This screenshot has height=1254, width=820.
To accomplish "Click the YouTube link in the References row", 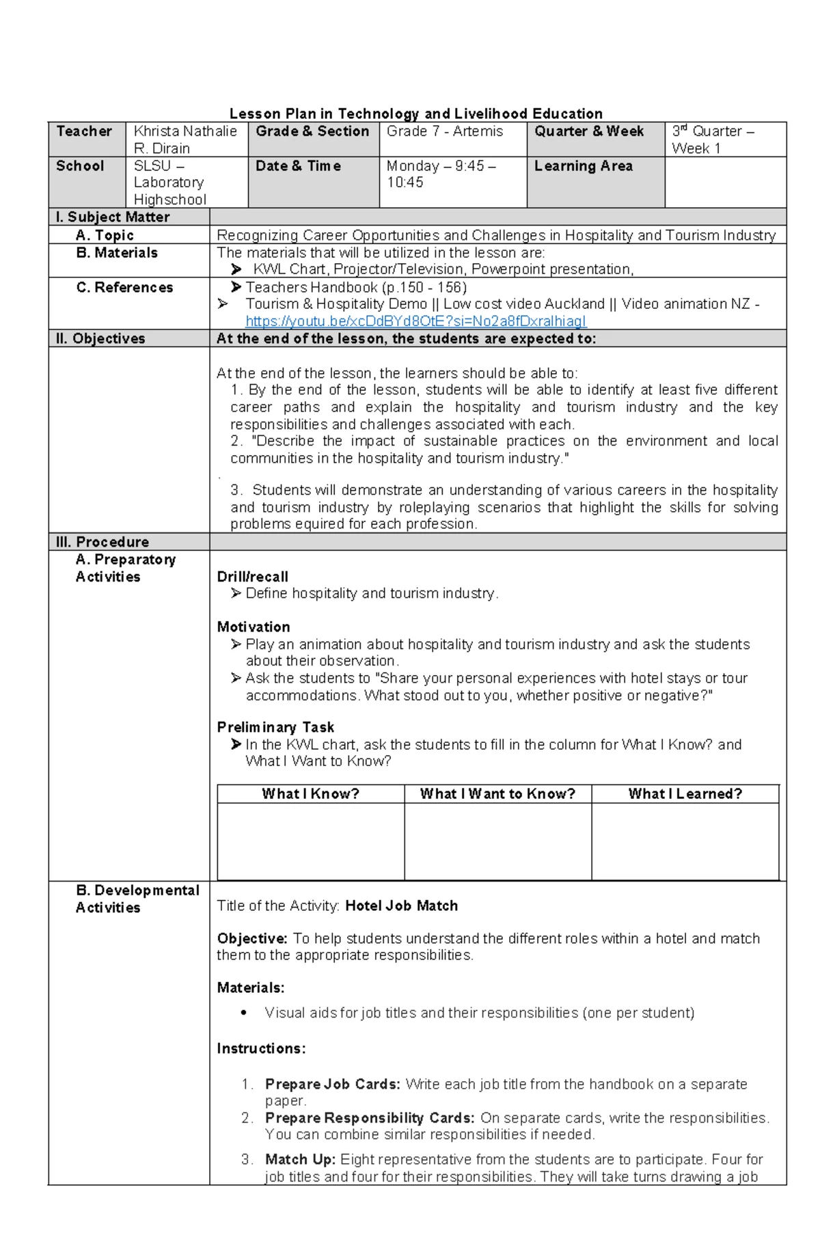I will pos(415,321).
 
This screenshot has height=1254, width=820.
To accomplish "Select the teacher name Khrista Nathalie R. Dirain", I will pos(185,139).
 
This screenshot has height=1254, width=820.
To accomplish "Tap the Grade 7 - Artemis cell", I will pos(444,131).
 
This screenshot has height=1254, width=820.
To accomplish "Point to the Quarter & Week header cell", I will pos(589,131).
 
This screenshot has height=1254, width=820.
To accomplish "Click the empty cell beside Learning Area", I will pos(725,182).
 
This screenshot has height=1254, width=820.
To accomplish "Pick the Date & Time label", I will pos(298,166).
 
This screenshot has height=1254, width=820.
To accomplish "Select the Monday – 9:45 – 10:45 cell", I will pos(441,174).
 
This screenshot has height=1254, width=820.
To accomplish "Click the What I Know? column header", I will pos(310,793).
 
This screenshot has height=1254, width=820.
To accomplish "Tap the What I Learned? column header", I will pos(685,793).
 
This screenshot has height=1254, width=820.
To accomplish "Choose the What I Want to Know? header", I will pos(497,793).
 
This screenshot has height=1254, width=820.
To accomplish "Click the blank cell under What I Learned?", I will pos(685,841).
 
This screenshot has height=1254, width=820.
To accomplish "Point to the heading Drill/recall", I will pos(252,576).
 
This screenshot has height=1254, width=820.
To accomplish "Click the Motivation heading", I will pos(254,627).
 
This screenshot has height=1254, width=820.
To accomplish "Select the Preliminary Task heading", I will pos(275,727).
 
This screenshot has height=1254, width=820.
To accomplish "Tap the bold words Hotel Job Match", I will pos(401,905).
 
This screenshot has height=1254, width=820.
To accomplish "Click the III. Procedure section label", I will pos(102,542).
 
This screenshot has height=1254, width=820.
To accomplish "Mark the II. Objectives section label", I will pos(100,338).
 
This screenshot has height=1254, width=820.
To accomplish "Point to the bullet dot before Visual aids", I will pos(244,1013).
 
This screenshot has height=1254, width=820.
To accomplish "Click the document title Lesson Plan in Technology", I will pos(415,113).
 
